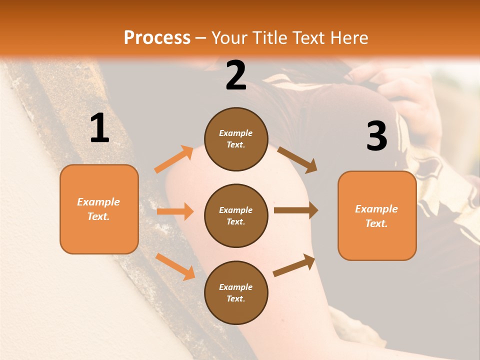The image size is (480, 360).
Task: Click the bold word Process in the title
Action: (x=157, y=38)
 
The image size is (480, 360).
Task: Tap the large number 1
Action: (x=99, y=128)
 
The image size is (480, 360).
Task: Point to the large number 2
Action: (x=236, y=76)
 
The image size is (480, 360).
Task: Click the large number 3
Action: (x=376, y=137)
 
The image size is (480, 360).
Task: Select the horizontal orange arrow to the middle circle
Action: (x=175, y=211)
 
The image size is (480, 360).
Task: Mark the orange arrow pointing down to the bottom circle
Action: (x=175, y=266)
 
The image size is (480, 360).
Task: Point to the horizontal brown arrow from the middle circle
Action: (x=296, y=210)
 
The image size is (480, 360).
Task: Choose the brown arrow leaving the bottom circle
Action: (x=294, y=265)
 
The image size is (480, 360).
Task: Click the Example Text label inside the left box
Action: (x=98, y=209)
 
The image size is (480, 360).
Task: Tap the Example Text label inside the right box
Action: (x=376, y=216)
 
